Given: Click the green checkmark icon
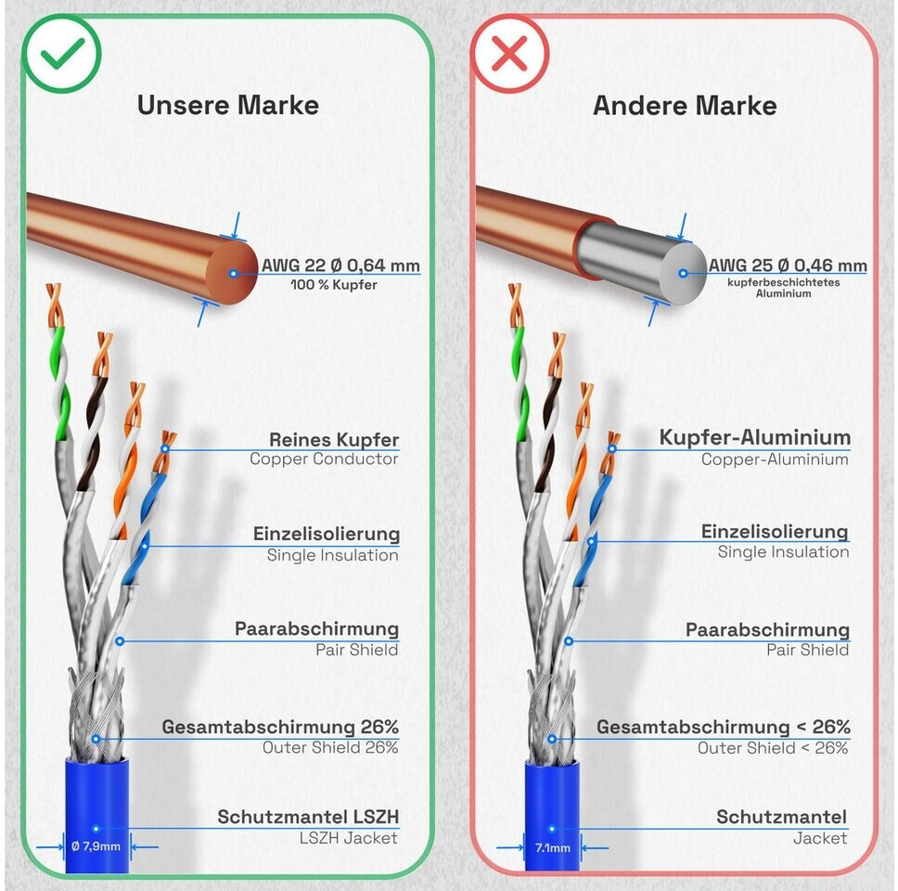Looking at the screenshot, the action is click(x=62, y=54).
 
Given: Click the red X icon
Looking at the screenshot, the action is click(x=509, y=54).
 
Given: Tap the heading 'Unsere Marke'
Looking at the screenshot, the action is click(x=228, y=106).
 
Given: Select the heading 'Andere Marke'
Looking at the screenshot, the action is click(x=685, y=106).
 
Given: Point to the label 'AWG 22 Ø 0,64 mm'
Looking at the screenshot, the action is click(x=340, y=265).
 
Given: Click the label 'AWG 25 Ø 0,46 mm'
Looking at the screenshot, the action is click(x=788, y=265).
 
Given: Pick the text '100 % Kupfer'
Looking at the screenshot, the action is click(x=334, y=285).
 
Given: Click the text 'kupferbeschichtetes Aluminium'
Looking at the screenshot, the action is click(x=784, y=288).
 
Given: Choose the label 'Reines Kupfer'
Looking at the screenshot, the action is click(x=334, y=440).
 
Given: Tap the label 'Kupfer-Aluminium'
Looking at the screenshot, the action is click(x=755, y=437).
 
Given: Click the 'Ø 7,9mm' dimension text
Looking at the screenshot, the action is click(x=96, y=846).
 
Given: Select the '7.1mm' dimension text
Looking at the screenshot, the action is click(x=553, y=848).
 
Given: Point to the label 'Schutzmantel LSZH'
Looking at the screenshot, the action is click(x=308, y=817).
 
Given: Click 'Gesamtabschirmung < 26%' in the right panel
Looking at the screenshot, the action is click(x=724, y=727).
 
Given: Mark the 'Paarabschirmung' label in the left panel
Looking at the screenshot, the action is click(x=316, y=628).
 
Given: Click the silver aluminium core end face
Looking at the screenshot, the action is click(x=683, y=273).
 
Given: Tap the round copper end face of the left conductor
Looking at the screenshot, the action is click(x=233, y=273).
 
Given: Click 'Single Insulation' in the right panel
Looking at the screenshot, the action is click(x=784, y=552).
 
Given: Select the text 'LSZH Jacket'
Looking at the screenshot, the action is click(x=348, y=838).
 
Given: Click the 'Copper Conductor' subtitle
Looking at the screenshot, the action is click(x=324, y=459).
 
